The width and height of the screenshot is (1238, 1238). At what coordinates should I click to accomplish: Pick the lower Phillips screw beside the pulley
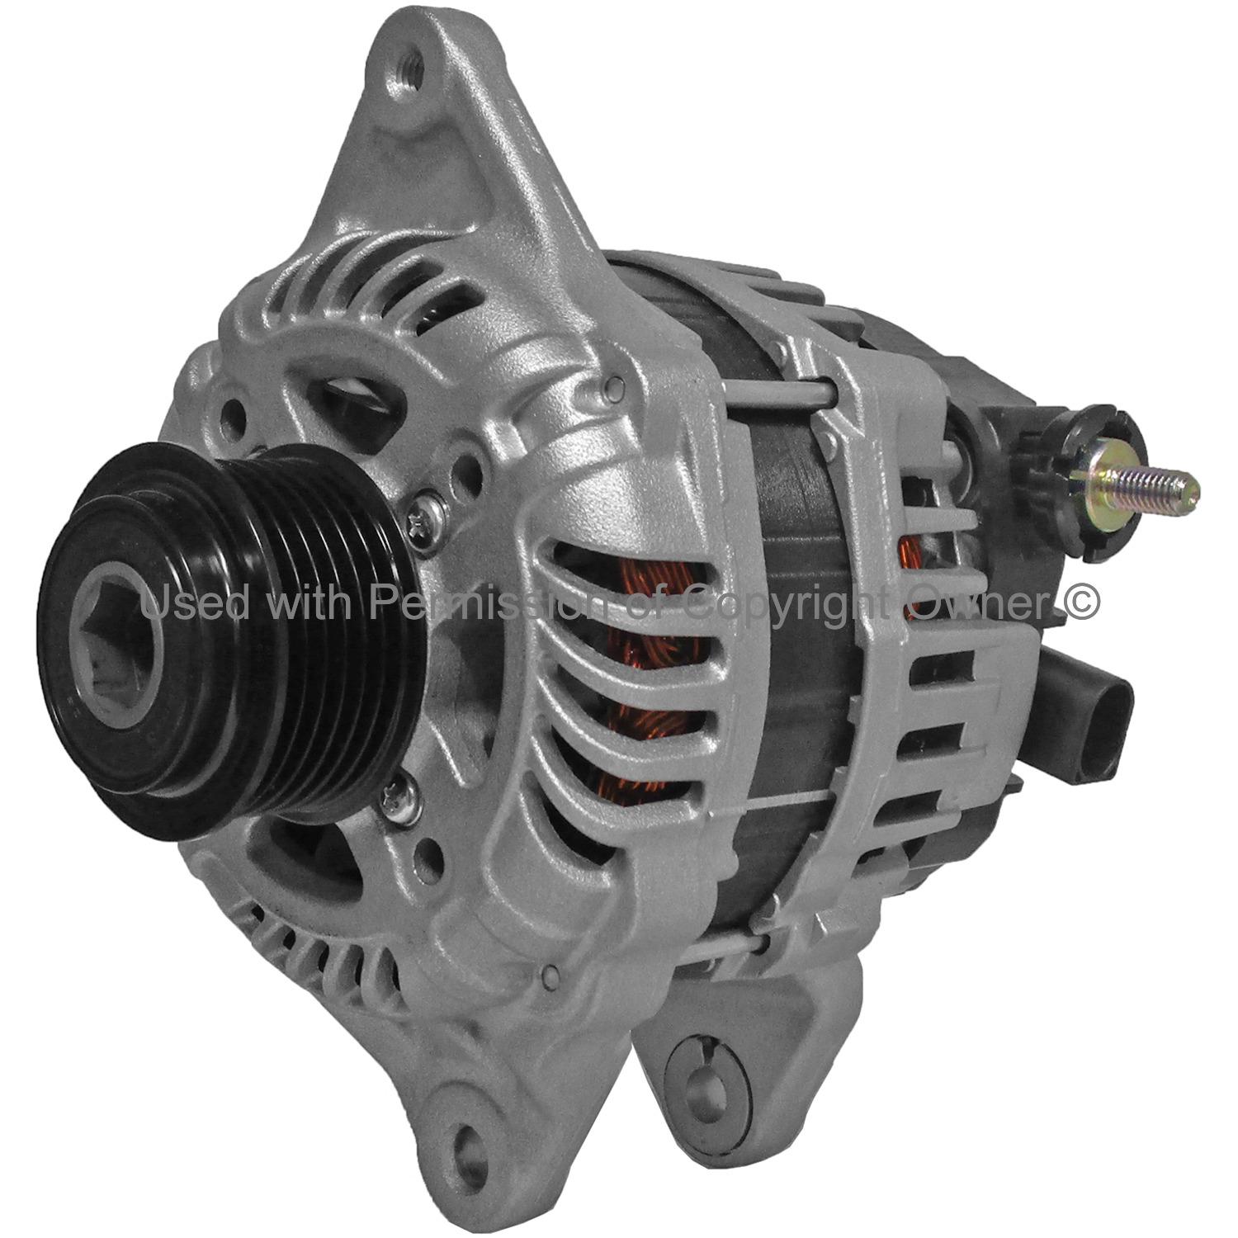tap(397, 798)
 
